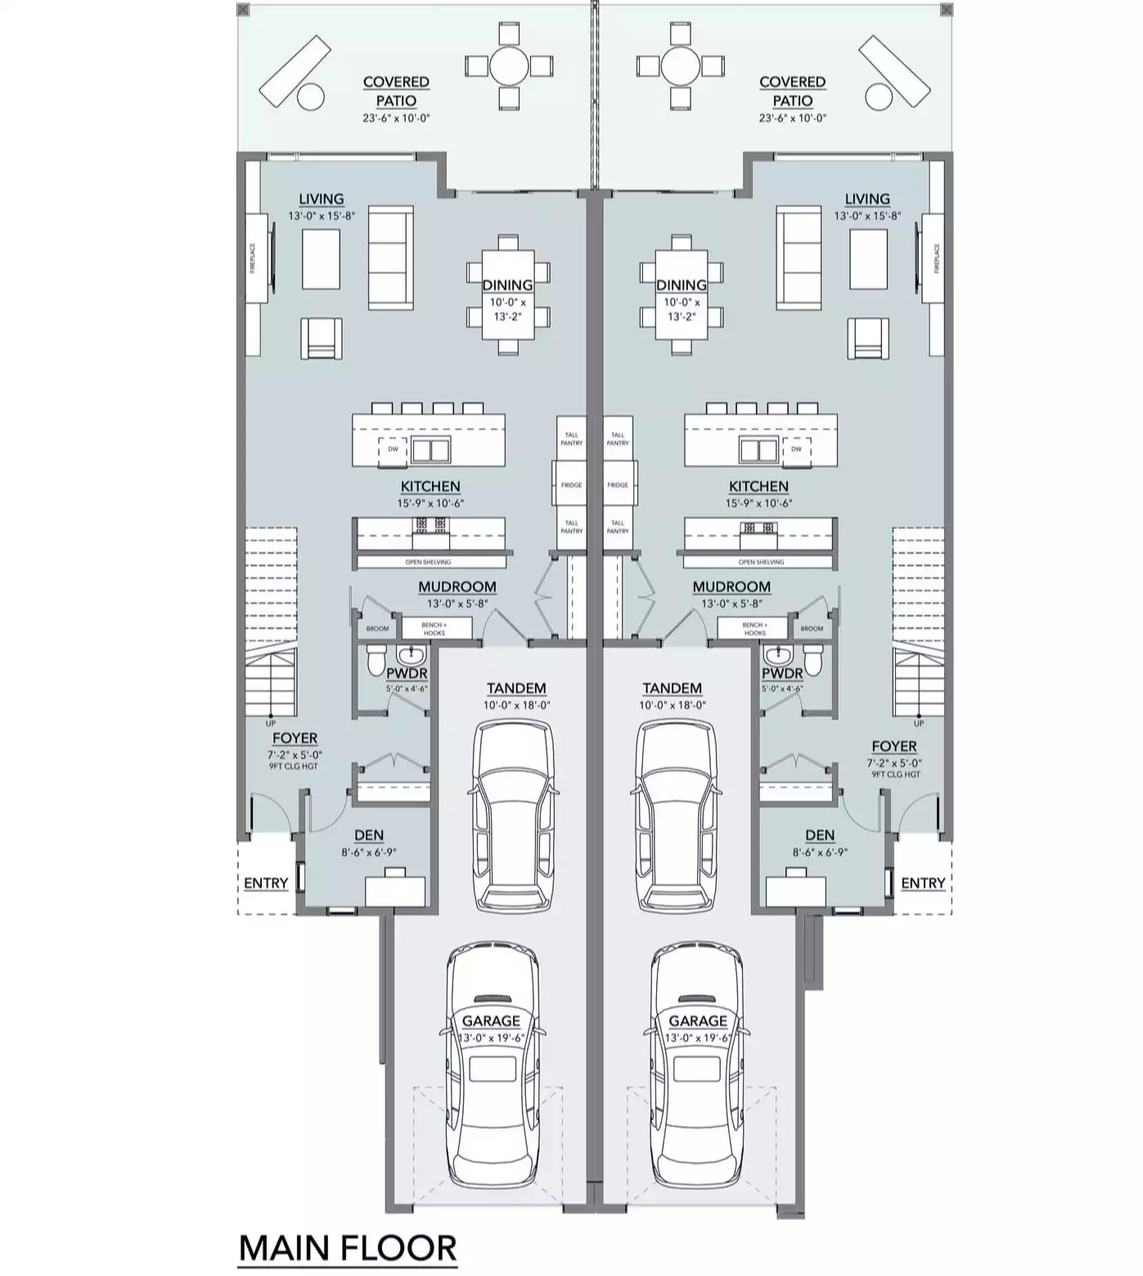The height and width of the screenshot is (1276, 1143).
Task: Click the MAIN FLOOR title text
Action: (x=348, y=1248)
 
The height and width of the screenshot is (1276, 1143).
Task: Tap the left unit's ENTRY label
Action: (x=266, y=883)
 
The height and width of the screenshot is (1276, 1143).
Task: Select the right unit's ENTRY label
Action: (x=923, y=883)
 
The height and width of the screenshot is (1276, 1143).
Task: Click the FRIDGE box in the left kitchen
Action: (x=571, y=485)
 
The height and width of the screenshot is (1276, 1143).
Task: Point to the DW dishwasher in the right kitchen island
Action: (x=795, y=449)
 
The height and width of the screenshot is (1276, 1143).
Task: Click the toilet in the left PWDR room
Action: (x=376, y=658)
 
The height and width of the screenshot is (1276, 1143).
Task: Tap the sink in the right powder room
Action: (x=775, y=654)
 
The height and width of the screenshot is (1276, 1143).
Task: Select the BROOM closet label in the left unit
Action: (x=377, y=629)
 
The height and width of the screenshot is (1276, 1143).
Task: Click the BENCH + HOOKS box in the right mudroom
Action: (x=754, y=629)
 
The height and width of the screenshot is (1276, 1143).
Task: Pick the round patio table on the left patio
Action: (x=509, y=65)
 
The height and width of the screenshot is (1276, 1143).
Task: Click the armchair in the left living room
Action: (x=322, y=338)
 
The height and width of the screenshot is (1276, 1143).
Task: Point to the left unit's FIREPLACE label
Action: (x=253, y=258)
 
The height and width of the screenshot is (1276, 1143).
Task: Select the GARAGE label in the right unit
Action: (x=698, y=1020)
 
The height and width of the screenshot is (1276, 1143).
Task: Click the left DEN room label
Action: (x=369, y=835)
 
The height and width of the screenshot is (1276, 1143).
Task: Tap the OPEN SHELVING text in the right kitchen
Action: (x=761, y=562)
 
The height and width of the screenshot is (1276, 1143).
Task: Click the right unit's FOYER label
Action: (x=894, y=746)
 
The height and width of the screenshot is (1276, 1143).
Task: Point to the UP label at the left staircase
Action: (x=271, y=723)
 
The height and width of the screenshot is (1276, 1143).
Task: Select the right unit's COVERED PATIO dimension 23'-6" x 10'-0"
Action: (x=792, y=118)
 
